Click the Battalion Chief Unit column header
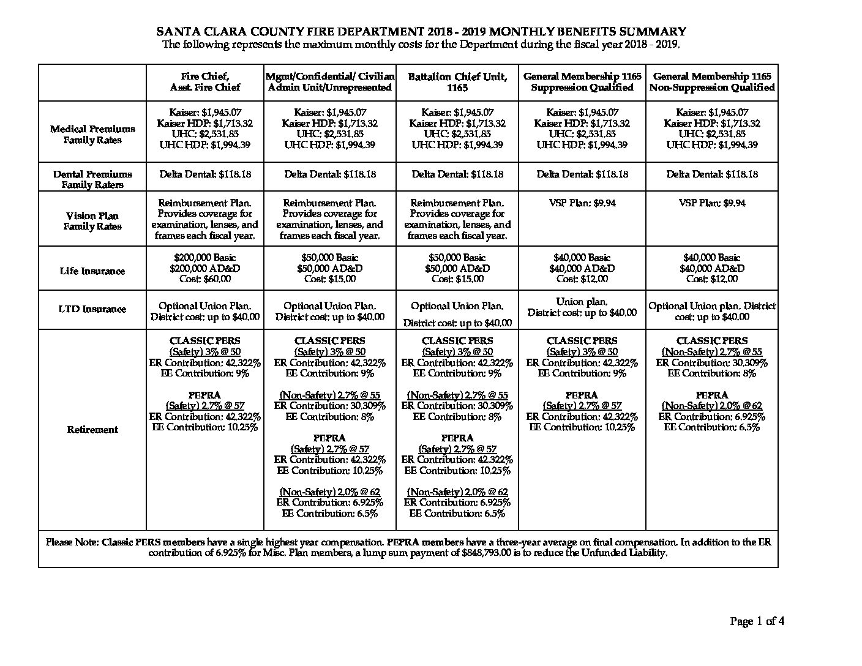[x=457, y=82]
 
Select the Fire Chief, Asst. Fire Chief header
[x=204, y=82]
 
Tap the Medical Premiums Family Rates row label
[x=92, y=135]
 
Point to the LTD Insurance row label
[x=92, y=309]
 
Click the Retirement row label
[x=92, y=430]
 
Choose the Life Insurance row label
[x=92, y=271]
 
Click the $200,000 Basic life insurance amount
[x=204, y=258]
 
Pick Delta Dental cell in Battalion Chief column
[x=457, y=174]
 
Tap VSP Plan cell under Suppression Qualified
[x=582, y=203]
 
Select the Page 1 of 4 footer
[x=757, y=622]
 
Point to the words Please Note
[x=72, y=542]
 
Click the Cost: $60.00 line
[x=204, y=279]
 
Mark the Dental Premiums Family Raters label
[x=92, y=179]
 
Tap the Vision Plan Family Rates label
[x=92, y=221]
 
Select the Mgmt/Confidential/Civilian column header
[x=330, y=82]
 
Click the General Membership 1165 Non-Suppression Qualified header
[x=712, y=82]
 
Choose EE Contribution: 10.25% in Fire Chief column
[x=204, y=427]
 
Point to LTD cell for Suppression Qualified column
[x=582, y=307]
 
